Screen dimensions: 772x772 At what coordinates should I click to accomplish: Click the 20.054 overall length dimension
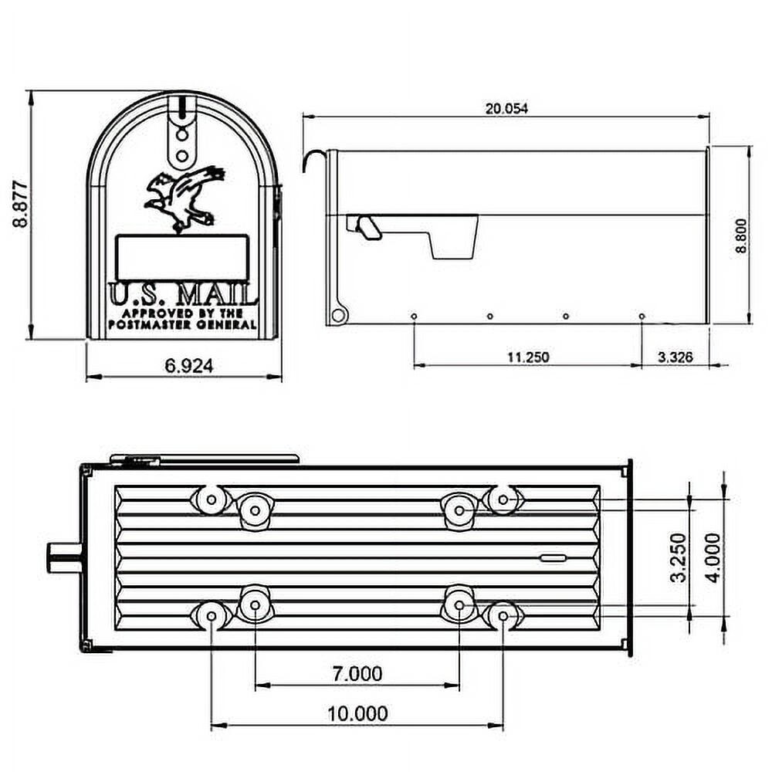click(506, 108)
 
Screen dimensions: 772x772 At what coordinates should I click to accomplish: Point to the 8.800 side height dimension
click(742, 235)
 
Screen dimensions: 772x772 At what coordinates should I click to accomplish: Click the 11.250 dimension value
click(528, 357)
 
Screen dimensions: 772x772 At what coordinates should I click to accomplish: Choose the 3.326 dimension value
click(675, 357)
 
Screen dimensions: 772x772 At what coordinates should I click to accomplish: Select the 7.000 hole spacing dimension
click(357, 674)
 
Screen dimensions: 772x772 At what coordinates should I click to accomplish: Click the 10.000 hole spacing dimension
click(357, 714)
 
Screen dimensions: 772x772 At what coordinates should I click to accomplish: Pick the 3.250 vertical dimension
click(679, 557)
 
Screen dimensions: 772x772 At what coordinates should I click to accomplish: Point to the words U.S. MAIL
click(182, 295)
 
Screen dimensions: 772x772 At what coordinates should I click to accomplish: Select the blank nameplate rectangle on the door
click(182, 259)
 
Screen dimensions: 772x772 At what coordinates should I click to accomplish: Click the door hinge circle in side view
click(337, 315)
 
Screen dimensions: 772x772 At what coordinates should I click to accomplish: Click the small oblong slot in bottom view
click(553, 557)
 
